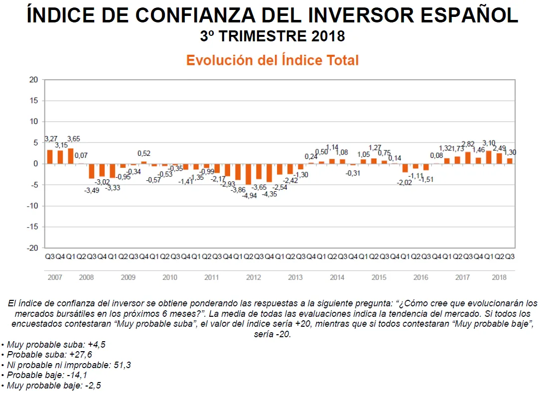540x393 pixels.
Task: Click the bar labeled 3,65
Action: [x=70, y=156]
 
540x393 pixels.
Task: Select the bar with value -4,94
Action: [x=248, y=174]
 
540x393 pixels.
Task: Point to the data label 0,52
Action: [x=144, y=153]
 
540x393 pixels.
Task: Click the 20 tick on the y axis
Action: [x=33, y=80]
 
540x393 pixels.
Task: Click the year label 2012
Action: [x=254, y=277]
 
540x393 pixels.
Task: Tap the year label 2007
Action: [x=55, y=277]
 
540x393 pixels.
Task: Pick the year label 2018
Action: [x=500, y=277]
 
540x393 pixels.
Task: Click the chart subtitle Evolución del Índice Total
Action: [x=272, y=60]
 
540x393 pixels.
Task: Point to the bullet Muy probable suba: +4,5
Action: [x=54, y=344]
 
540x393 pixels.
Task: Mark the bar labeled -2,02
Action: [x=405, y=168]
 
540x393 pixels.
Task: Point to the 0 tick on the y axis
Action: [x=35, y=164]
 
